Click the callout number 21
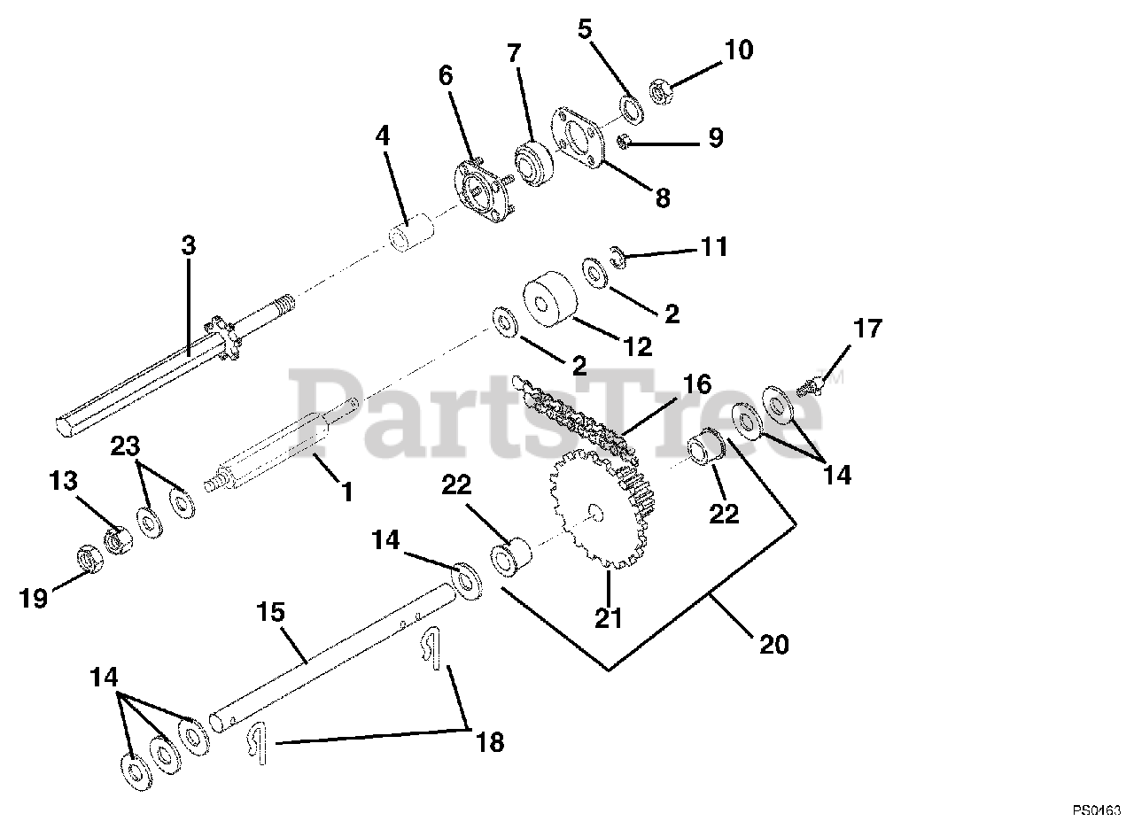click(x=609, y=617)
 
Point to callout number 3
click(x=188, y=245)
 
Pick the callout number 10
click(x=738, y=50)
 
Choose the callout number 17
click(x=868, y=329)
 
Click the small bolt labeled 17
click(x=810, y=385)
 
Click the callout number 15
click(x=271, y=611)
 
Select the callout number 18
click(x=489, y=741)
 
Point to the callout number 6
click(x=445, y=76)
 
